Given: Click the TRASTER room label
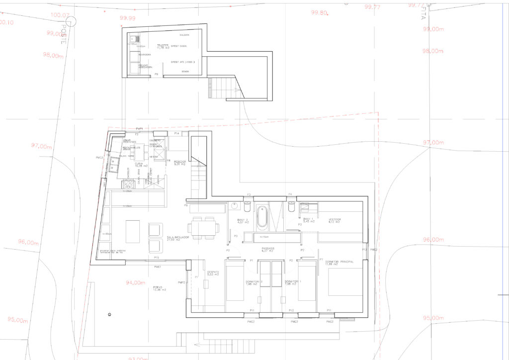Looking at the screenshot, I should (163, 46).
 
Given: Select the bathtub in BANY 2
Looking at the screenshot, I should (262, 218).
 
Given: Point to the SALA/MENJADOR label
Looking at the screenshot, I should (178, 239).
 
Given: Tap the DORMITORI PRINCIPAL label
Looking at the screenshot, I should (340, 263).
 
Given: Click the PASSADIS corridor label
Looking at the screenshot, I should (268, 250).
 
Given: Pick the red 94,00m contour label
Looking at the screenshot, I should (135, 282).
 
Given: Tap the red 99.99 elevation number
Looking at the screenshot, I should (128, 18).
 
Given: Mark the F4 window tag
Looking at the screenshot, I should (290, 194).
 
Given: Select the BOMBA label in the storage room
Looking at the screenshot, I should (185, 72).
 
